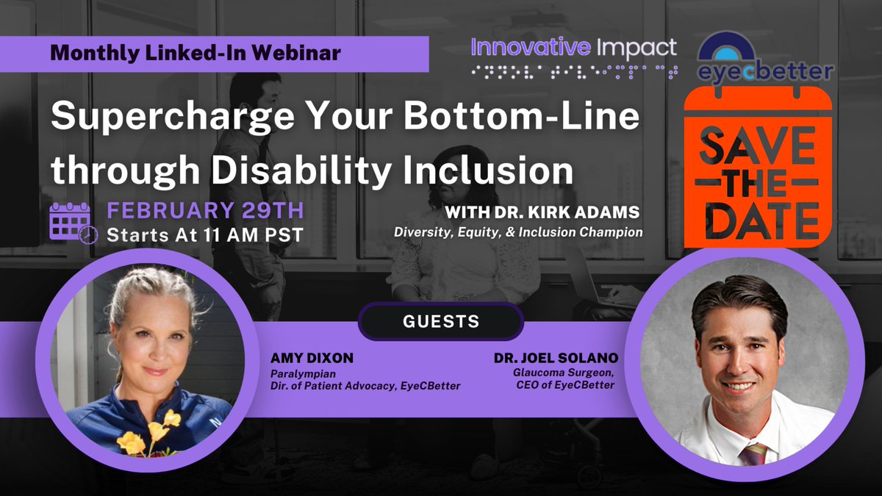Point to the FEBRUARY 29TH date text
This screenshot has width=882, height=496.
205,210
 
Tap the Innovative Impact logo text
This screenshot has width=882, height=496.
573,48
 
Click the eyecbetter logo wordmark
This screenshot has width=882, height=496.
764,72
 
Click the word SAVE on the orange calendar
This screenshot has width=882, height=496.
757,147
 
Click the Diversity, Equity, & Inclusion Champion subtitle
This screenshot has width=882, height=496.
518,231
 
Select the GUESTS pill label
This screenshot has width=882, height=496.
441,321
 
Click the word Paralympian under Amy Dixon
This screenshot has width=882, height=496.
292,373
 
